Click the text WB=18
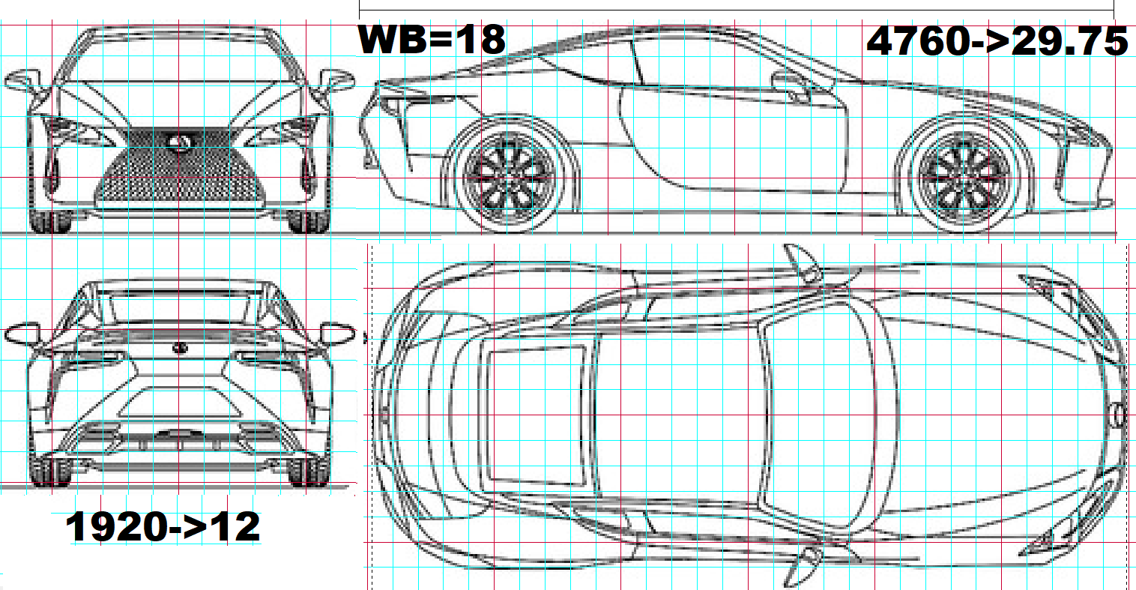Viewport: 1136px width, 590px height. tap(432, 40)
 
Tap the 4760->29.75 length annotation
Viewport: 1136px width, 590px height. tap(997, 41)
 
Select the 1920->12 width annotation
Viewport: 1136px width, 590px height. tap(163, 526)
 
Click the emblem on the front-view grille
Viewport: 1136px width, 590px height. tap(178, 142)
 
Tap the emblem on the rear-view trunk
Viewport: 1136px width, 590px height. tap(180, 348)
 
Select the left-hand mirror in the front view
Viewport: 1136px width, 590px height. tap(22, 80)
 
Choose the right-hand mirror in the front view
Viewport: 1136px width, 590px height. tap(336, 80)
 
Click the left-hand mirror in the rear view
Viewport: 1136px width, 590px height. tap(22, 334)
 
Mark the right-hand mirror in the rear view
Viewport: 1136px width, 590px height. tap(338, 334)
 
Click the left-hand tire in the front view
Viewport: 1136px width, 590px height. tap(51, 221)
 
